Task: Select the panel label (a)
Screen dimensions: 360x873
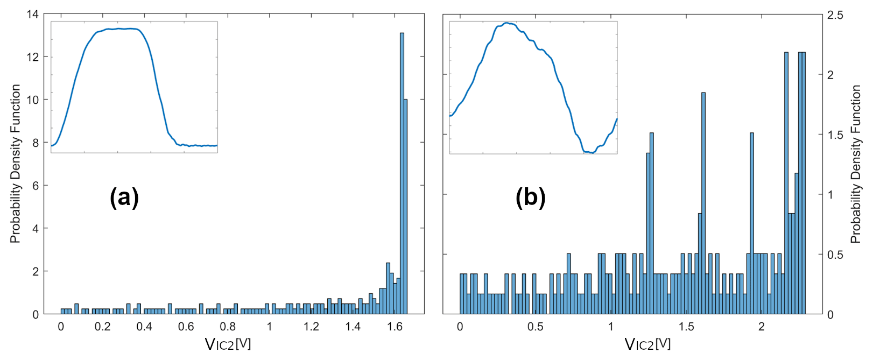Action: (x=124, y=197)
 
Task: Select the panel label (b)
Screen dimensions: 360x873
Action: (x=530, y=197)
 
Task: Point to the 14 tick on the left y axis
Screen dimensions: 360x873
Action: (x=33, y=14)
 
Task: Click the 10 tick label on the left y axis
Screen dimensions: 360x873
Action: (x=33, y=100)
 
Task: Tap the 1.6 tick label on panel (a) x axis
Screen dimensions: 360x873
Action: (x=395, y=327)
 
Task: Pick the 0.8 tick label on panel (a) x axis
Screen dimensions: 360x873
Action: (x=228, y=327)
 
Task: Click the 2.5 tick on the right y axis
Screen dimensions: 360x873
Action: (x=835, y=15)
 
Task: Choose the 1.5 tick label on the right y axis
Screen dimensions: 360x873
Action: (x=835, y=135)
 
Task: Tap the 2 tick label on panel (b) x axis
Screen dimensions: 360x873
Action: (x=762, y=327)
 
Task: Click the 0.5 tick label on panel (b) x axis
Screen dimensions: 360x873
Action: (x=536, y=327)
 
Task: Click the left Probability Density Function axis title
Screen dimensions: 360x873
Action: (x=15, y=164)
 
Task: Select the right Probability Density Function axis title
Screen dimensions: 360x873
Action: (x=856, y=164)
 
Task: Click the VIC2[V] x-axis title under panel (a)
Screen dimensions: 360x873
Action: (x=228, y=344)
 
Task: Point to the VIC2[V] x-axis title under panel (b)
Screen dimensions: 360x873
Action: (x=647, y=344)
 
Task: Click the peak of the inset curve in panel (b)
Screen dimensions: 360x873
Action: (x=506, y=23)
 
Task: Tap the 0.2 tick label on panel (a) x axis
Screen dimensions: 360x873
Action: (x=102, y=327)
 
